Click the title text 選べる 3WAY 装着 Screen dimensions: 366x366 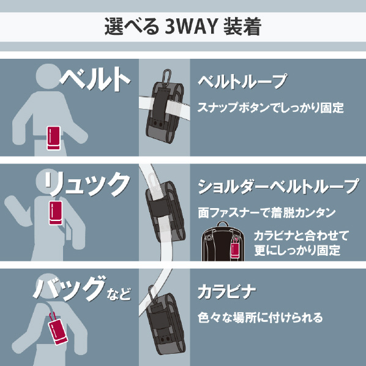[x=182, y=26]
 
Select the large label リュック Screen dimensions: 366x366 [x=87, y=184]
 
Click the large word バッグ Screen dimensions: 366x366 [x=69, y=288]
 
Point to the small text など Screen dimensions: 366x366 [x=119, y=294]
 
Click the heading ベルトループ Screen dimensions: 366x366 [x=242, y=81]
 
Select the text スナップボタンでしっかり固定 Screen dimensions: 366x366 [x=271, y=108]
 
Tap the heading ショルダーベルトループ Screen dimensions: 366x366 [x=278, y=187]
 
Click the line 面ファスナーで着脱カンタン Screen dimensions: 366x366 [x=267, y=212]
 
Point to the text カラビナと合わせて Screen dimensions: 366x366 [x=301, y=236]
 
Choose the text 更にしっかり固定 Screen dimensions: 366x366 [x=297, y=250]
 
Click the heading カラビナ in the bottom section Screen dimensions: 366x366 [x=226, y=292]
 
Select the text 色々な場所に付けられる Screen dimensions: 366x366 [x=260, y=318]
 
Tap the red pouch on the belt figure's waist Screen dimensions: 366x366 [x=54, y=138]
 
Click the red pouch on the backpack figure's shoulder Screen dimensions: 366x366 [x=56, y=212]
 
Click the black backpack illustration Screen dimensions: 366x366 [x=223, y=241]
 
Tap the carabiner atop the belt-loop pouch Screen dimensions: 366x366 [x=167, y=75]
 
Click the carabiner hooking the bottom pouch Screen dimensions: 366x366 [x=152, y=294]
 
